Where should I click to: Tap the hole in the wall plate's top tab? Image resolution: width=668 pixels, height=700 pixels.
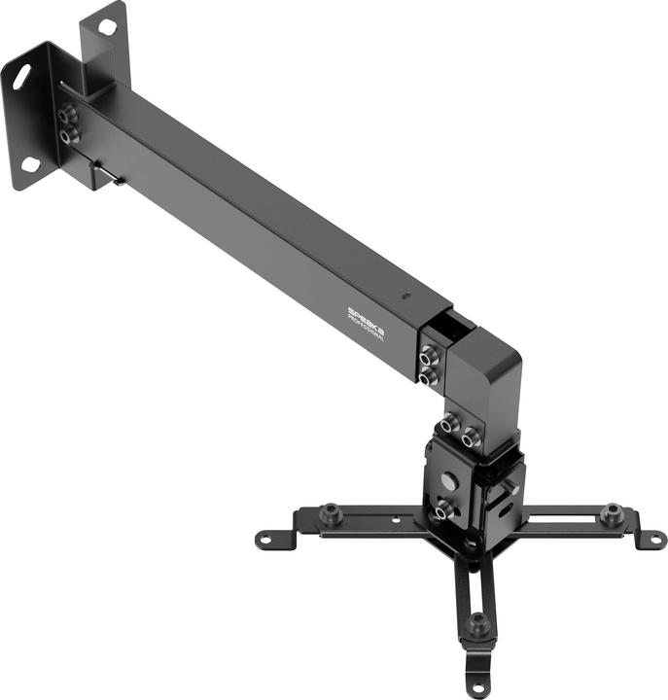tap(107, 26)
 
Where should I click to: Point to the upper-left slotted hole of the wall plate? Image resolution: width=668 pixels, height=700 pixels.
tap(19, 77)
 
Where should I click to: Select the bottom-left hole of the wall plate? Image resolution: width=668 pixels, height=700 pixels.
tap(31, 164)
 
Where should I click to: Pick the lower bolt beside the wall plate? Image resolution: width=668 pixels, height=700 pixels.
tap(67, 137)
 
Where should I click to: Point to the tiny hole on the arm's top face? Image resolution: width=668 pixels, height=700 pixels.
tap(406, 294)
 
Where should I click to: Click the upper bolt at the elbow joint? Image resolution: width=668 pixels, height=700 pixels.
tap(428, 358)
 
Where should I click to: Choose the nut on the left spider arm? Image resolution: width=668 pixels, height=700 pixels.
tap(332, 510)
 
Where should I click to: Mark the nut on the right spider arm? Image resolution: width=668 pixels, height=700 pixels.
tap(611, 510)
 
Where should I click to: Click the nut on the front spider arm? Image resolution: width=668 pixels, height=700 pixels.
tap(477, 619)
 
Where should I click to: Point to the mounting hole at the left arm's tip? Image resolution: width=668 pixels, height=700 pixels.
tap(264, 538)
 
